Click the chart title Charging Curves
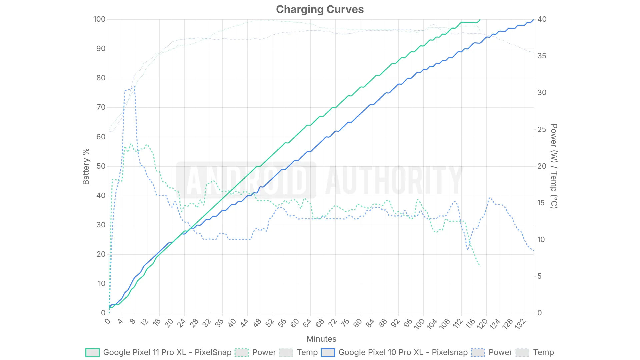tap(320, 9)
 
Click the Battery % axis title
tap(86, 166)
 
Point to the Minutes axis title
tap(321, 339)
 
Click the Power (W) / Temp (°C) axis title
tap(554, 166)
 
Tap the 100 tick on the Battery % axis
tap(99, 19)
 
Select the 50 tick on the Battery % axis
tap(101, 166)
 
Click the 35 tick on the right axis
tap(542, 56)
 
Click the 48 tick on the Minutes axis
tap(257, 323)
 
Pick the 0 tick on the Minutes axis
tap(107, 321)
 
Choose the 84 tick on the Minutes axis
tap(370, 323)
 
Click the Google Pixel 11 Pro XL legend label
tap(167, 352)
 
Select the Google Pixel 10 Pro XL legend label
tap(403, 352)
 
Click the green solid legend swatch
tap(92, 352)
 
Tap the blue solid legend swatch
tap(328, 352)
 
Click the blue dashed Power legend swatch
tap(478, 352)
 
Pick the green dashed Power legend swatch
tap(242, 352)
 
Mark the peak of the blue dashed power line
tap(134, 86)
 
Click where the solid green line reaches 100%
tap(480, 19)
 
